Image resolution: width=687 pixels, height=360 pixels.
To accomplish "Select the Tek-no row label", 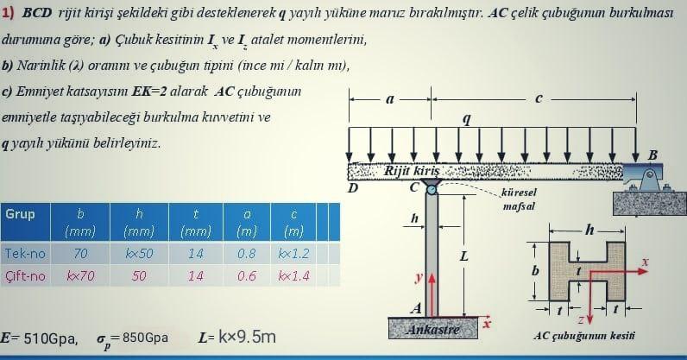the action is coord(25,254).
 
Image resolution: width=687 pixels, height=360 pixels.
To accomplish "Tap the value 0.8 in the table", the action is coord(247,254).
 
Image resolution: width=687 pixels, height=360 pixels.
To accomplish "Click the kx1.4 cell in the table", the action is coord(294,276).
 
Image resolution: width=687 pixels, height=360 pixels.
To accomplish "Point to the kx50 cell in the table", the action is coord(139,254).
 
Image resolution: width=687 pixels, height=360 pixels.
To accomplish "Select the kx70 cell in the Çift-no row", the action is coord(81,276).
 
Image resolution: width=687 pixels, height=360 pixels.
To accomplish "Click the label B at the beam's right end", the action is coord(652,155).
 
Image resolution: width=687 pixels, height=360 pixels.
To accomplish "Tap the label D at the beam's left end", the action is coord(352,187).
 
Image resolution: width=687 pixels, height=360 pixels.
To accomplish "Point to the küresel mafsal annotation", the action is coord(518,199).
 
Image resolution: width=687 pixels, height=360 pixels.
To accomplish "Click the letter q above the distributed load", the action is coord(467,119).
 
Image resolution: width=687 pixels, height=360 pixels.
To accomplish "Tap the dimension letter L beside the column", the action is coord(464,256).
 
